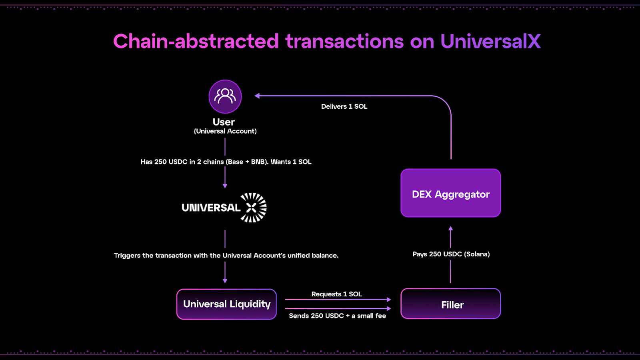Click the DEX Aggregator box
point(450,193)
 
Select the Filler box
point(450,304)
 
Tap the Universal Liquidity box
point(226,304)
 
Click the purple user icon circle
point(225,96)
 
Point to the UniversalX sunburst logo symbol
point(253,208)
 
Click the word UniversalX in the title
point(490,41)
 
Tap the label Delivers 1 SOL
point(344,106)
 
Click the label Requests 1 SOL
point(336,294)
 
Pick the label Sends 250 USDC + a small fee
point(337,316)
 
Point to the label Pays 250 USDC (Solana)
point(451,254)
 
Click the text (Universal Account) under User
point(225,131)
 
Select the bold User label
point(224,122)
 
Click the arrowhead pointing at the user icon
point(257,96)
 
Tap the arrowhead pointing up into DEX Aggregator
point(451,228)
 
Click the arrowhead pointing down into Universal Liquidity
point(225,281)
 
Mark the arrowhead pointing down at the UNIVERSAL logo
point(225,186)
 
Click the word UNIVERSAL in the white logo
point(211,208)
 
